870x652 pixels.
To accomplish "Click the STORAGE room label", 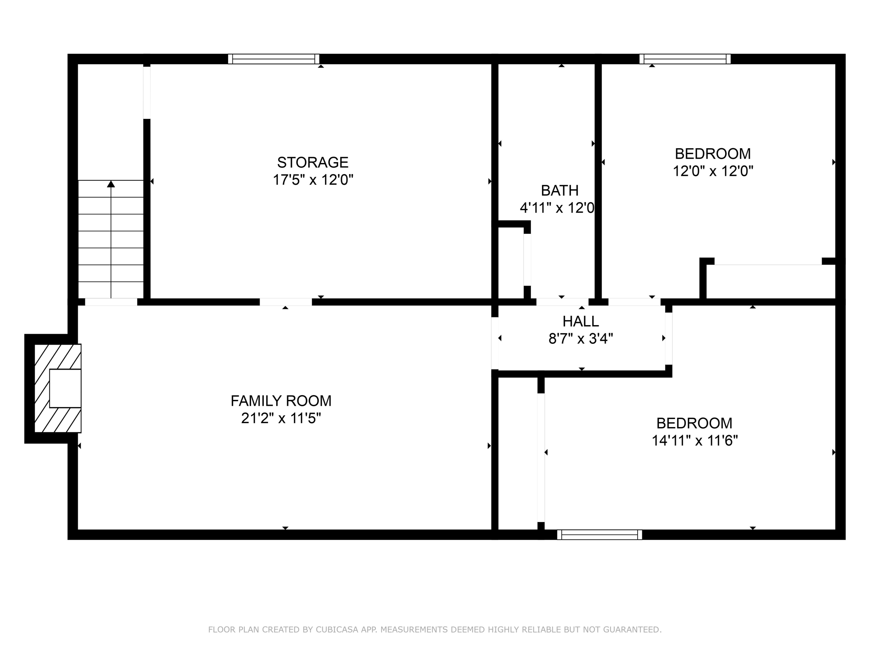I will pyautogui.click(x=313, y=163).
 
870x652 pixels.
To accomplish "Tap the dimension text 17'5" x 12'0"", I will pyautogui.click(x=313, y=180).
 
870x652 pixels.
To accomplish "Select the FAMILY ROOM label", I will pyautogui.click(x=281, y=401).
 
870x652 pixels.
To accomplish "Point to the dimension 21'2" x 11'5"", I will pyautogui.click(x=281, y=419).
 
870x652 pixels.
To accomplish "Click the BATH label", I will pyautogui.click(x=559, y=191).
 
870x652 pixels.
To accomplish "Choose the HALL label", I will pyautogui.click(x=581, y=321).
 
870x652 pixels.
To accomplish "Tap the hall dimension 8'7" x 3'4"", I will pyautogui.click(x=581, y=339).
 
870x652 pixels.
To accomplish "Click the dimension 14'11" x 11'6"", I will pyautogui.click(x=695, y=441).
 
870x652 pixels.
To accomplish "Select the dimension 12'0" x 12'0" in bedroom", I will pyautogui.click(x=713, y=171).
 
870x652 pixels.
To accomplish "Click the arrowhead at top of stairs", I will pyautogui.click(x=111, y=184).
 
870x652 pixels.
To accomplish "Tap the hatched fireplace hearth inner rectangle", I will pyautogui.click(x=65, y=388).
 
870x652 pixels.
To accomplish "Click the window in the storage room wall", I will pyautogui.click(x=274, y=59).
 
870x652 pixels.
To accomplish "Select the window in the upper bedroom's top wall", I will pyautogui.click(x=685, y=59).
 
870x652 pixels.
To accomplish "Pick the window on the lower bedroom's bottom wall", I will pyautogui.click(x=599, y=534).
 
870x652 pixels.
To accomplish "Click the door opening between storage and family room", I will pyautogui.click(x=285, y=302).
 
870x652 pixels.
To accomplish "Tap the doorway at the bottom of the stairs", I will pyautogui.click(x=111, y=302).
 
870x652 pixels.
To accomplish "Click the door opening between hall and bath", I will pyautogui.click(x=562, y=302).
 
